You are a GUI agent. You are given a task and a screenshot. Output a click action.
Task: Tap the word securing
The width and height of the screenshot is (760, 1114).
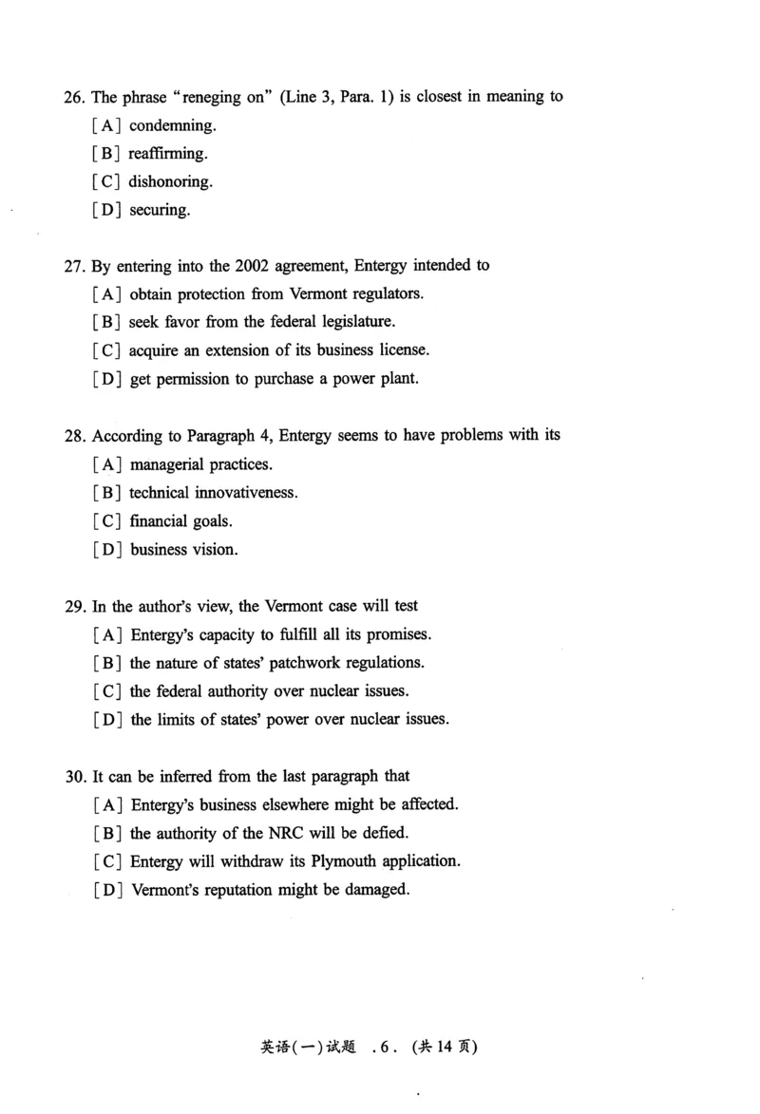pos(160,210)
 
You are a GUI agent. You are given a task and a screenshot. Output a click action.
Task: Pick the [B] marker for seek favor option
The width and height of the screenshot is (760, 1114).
pos(107,322)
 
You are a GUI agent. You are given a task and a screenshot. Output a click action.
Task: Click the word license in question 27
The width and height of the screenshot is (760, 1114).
pos(405,350)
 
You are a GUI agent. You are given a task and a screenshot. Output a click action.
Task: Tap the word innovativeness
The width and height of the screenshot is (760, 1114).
pos(246,493)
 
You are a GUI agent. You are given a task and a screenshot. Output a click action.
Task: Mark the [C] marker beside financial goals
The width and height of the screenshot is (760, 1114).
pos(107,521)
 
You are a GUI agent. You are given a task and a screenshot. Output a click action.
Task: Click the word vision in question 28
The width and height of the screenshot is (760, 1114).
pos(216,550)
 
